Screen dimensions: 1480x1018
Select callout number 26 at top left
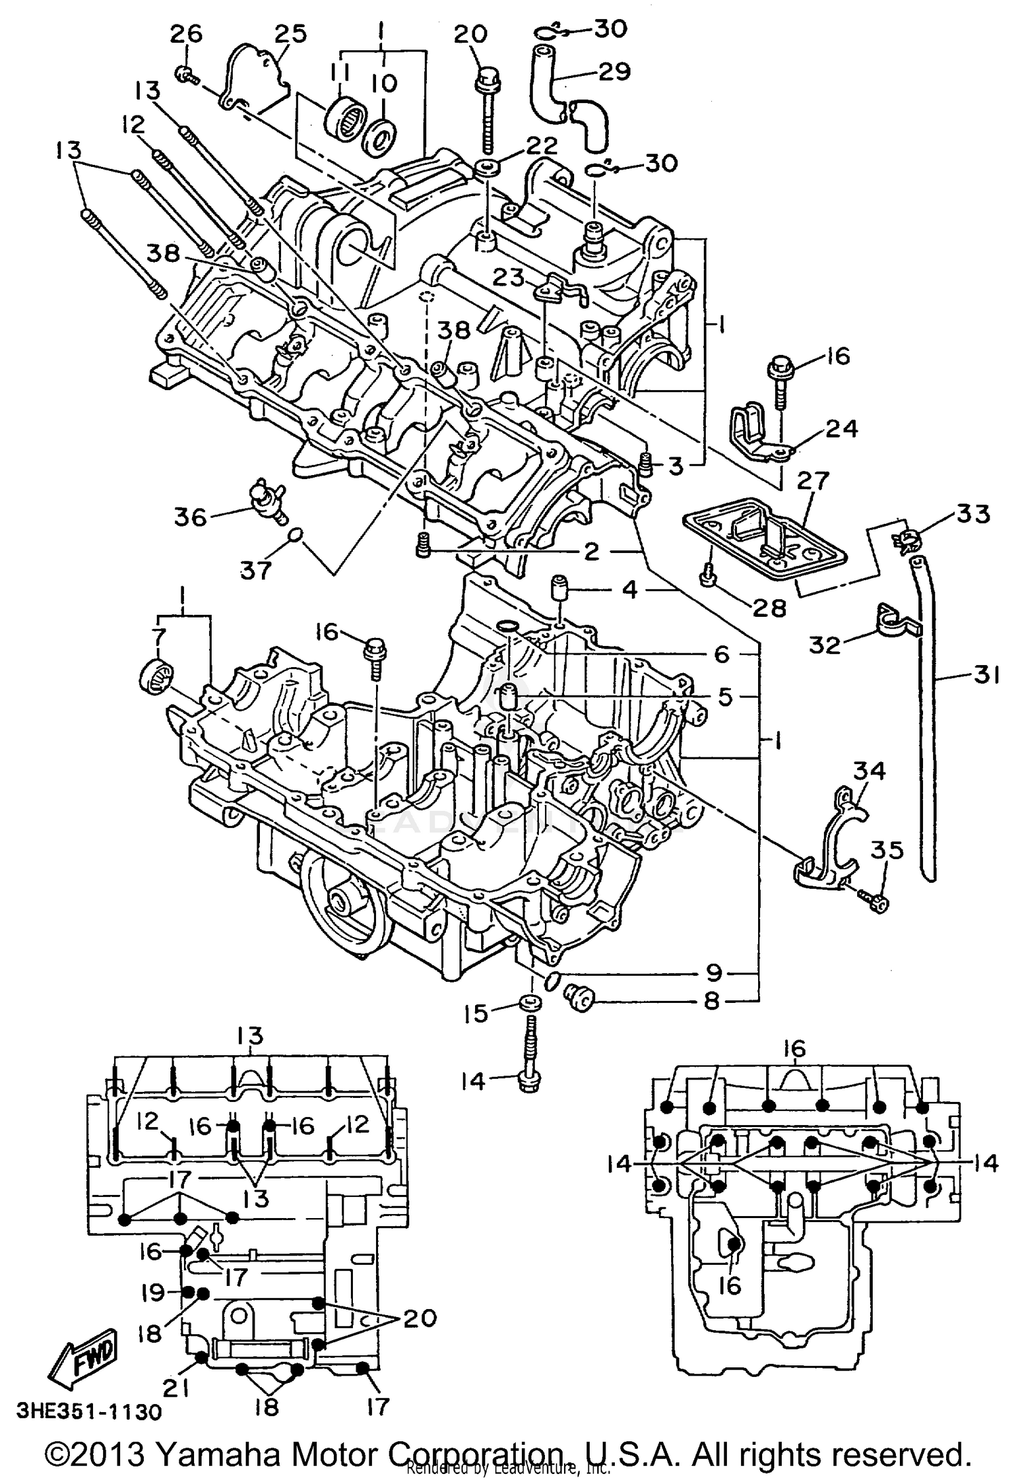pyautogui.click(x=185, y=34)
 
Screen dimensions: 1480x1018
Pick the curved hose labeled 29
pyautogui.click(x=563, y=95)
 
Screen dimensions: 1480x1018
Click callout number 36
pyautogui.click(x=189, y=517)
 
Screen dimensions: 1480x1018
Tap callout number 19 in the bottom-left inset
pyautogui.click(x=153, y=1293)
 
